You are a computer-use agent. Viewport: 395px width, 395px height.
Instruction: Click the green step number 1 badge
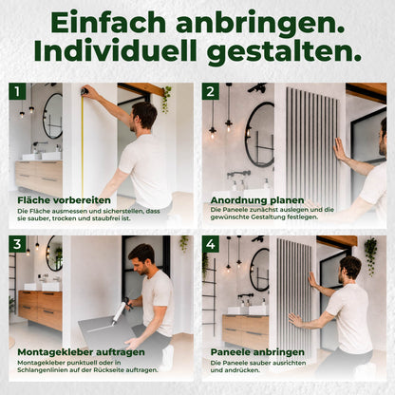point(17,91)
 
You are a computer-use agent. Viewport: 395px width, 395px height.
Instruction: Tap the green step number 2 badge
point(211,91)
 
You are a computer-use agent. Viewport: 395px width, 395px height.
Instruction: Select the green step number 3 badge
point(17,244)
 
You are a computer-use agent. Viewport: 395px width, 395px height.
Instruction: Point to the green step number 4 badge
point(211,244)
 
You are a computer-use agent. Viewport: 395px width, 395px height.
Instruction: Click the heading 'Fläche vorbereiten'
point(65,200)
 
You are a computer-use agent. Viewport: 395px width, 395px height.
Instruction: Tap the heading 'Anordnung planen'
point(257,200)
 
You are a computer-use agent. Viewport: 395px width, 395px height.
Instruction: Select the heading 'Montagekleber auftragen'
point(82,352)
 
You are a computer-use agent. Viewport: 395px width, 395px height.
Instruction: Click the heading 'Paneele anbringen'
point(257,352)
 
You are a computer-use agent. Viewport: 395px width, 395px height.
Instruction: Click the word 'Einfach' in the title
point(108,23)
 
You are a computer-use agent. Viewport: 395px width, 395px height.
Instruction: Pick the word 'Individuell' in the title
point(115,51)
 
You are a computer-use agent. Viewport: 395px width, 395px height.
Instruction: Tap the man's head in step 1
point(144,115)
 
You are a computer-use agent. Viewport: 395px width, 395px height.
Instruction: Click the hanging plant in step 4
point(370,254)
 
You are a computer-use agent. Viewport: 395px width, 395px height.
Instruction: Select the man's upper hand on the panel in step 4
point(312,280)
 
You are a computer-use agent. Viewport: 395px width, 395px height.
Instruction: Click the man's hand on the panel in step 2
point(340,150)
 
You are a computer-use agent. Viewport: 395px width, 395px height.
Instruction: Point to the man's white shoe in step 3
point(168,357)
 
